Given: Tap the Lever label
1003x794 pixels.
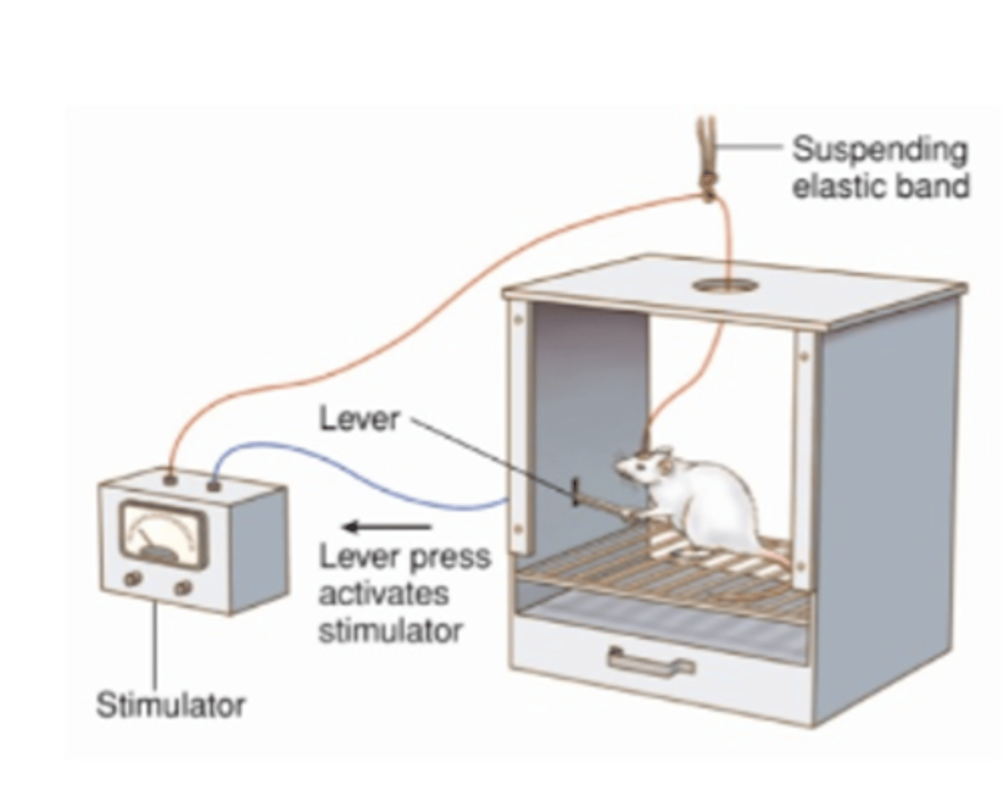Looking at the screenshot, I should (359, 419).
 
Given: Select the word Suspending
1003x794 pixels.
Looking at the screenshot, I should (880, 150).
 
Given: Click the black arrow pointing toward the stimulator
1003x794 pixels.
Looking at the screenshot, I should (387, 527).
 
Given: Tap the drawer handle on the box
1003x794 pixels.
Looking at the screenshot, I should (651, 661).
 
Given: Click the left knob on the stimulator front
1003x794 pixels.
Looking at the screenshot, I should (131, 579).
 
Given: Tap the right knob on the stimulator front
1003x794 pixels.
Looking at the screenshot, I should (182, 589).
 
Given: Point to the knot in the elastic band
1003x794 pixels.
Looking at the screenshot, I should (708, 182).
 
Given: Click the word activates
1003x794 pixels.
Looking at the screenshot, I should (383, 594).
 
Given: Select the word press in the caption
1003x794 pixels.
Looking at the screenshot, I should (449, 557).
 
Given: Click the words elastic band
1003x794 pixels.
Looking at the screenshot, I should (880, 187).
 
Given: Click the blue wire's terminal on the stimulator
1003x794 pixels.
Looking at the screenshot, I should (214, 484).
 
